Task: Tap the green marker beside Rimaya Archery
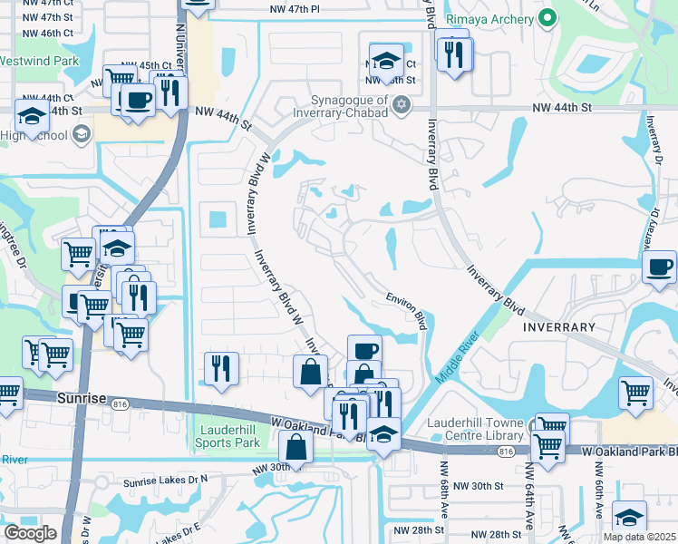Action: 547,17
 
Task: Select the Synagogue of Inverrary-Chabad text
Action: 350,106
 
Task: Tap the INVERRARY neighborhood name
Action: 557,326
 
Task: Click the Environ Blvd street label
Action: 406,308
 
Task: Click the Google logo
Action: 30,532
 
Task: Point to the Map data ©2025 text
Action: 640,537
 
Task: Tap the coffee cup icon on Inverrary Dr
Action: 659,267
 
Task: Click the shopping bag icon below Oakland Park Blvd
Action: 296,447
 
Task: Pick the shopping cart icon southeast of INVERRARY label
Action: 635,393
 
